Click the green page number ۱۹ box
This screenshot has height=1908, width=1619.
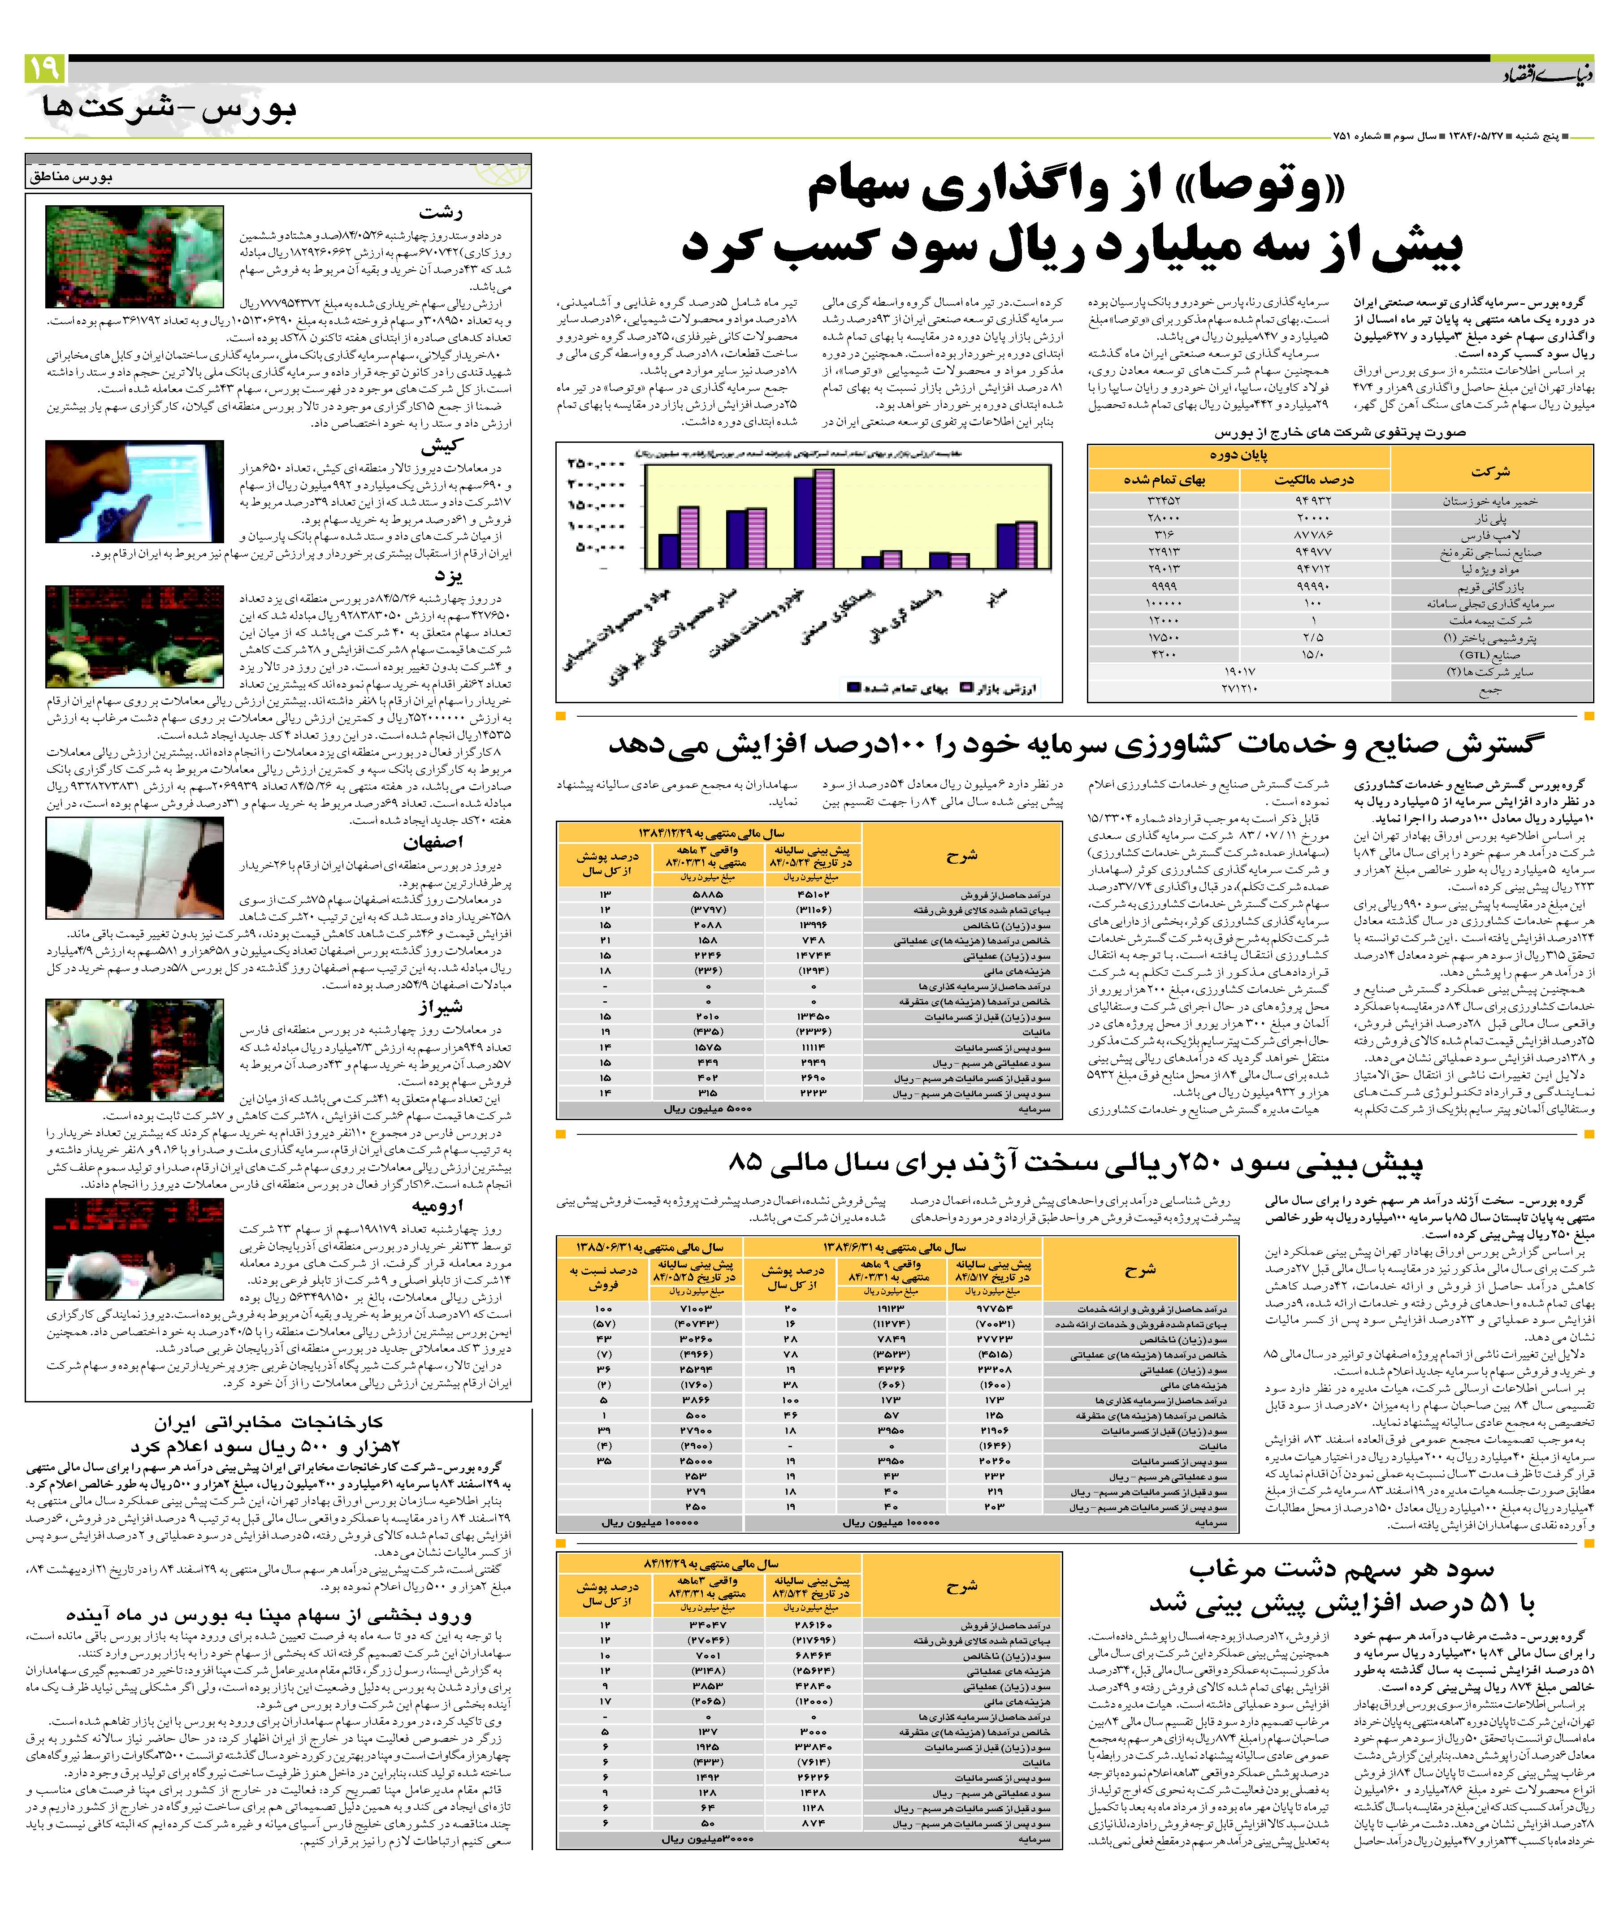[x=43, y=68]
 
